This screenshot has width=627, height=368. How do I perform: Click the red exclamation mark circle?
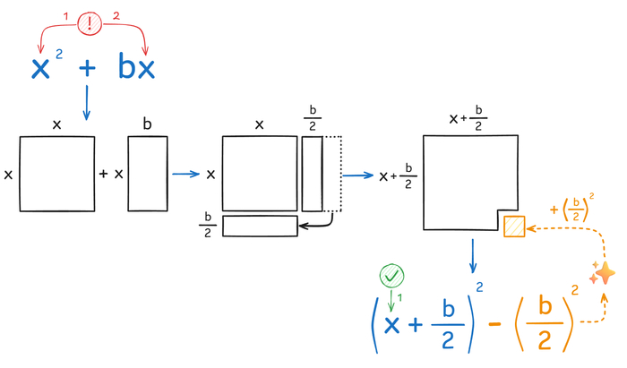pos(90,23)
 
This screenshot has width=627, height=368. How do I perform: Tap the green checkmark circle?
pos(392,276)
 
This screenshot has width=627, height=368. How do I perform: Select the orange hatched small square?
pos(514,227)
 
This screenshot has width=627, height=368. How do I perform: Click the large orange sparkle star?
pos(606,273)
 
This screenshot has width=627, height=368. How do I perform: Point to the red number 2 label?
pos(116,16)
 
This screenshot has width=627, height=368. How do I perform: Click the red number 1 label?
pos(66,16)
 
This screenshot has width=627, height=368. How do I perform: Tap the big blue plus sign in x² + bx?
pos(87,68)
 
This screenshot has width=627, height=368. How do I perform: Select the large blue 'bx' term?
pos(136,66)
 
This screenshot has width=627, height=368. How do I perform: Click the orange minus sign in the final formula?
pos(494,323)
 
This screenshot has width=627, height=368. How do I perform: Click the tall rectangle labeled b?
pos(148,174)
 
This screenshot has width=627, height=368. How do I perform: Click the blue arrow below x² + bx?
pos(86,103)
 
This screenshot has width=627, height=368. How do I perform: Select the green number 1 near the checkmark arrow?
pos(399,297)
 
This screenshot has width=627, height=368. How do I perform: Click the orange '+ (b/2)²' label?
pos(571,208)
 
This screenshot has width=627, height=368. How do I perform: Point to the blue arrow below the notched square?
pos(473,256)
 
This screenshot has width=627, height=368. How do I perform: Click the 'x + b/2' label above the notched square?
pos(468,118)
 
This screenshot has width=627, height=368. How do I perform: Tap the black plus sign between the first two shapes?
pos(103,174)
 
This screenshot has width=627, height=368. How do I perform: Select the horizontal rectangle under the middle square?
pos(260,227)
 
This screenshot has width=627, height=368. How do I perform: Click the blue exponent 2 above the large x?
pos(59,54)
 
